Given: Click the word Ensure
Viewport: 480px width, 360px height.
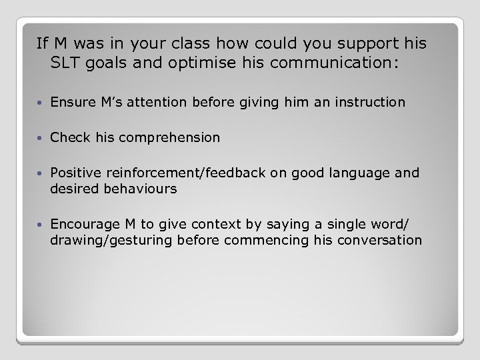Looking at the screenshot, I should pyautogui.click(x=69, y=102).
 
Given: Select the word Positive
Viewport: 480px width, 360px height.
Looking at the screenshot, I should pyautogui.click(x=74, y=173).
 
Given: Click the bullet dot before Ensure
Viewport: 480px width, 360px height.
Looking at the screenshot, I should pyautogui.click(x=41, y=103).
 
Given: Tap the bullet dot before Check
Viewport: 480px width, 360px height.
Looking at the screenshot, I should pyautogui.click(x=41, y=138).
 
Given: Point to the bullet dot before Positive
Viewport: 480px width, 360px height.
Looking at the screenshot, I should pyautogui.click(x=41, y=173).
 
